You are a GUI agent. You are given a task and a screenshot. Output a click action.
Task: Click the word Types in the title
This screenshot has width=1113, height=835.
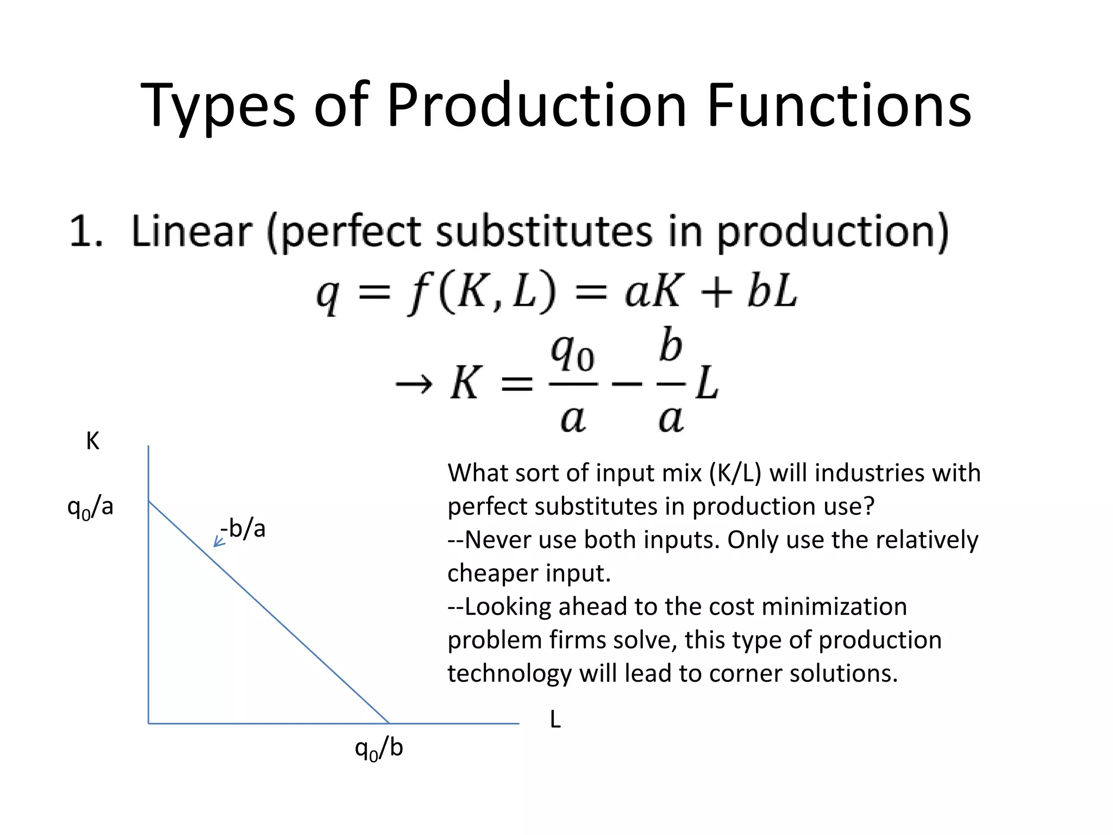tap(217, 106)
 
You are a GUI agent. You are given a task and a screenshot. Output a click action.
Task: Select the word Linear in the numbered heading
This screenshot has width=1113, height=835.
tap(191, 231)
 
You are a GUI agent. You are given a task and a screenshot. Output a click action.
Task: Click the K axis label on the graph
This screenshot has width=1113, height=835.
tap(92, 441)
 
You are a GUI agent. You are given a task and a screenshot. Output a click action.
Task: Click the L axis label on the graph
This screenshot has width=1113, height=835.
tap(555, 720)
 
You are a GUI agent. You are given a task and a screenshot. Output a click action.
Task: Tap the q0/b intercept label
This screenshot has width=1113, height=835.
tap(379, 749)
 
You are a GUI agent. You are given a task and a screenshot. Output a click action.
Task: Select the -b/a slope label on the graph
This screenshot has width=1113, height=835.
tap(243, 528)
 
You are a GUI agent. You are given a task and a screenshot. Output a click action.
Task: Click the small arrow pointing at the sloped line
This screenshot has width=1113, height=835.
tap(218, 541)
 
